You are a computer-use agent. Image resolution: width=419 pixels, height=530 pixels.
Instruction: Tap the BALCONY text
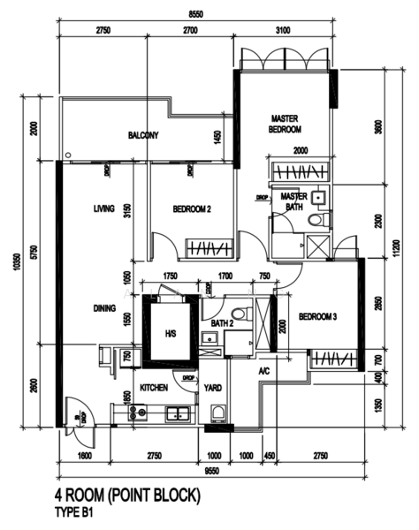click(x=142, y=135)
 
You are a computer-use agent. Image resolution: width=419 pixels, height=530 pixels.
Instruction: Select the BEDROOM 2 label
click(x=191, y=208)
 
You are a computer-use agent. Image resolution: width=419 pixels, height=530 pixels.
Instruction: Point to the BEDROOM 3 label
click(x=316, y=316)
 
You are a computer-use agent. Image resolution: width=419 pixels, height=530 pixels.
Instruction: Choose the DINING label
click(x=106, y=308)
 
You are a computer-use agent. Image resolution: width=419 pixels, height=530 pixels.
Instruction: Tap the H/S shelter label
click(x=171, y=333)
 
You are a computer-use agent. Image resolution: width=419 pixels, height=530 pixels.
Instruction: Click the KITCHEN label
click(x=154, y=387)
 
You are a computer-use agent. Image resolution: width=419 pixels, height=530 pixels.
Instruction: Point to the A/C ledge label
click(x=263, y=372)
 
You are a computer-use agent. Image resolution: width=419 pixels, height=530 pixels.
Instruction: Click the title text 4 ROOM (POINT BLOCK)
click(x=129, y=496)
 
